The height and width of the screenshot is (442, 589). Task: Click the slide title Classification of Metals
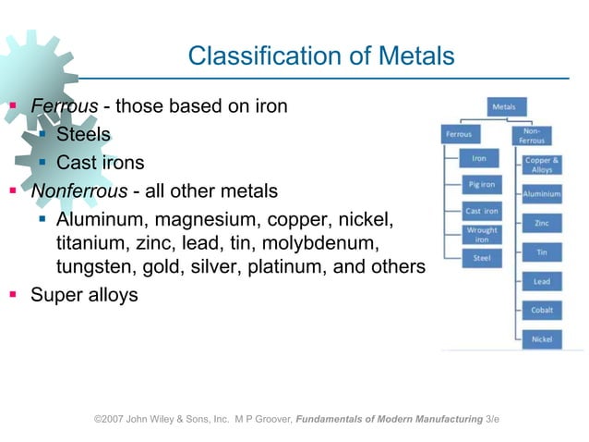[x=320, y=56]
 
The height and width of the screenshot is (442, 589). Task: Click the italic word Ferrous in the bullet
[x=65, y=106]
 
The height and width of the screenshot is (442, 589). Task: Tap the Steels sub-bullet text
[x=83, y=135]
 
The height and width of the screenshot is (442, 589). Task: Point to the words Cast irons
[x=100, y=164]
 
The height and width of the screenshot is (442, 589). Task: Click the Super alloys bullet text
[x=84, y=296]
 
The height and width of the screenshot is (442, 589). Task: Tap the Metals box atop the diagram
[x=504, y=107]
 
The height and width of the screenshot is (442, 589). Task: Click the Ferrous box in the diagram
[x=459, y=135]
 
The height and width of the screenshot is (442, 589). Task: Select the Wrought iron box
[x=481, y=235]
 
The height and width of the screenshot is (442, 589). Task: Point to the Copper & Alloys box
[x=542, y=165]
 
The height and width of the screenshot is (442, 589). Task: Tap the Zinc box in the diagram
[x=542, y=223]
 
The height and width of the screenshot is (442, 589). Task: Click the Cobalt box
[x=542, y=311]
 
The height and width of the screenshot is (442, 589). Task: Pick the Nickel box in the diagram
[x=542, y=339]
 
